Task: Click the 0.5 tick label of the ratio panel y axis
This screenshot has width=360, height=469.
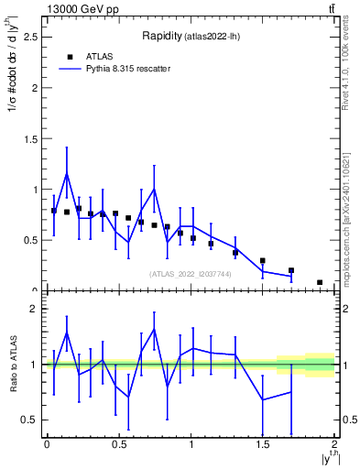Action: tap(29, 420)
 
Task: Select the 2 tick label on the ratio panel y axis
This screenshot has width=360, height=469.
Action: tap(33, 309)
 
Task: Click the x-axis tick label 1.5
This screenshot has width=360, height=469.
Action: tap(262, 445)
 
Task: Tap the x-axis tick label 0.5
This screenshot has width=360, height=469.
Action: tap(118, 445)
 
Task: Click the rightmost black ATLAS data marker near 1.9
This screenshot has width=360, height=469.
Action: tap(320, 282)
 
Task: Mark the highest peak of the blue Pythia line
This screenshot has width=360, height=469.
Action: tap(67, 174)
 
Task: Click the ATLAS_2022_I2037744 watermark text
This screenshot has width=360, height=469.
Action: tap(190, 274)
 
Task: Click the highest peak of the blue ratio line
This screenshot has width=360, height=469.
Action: tap(154, 329)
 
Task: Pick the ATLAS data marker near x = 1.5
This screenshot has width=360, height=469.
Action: tap(263, 261)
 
